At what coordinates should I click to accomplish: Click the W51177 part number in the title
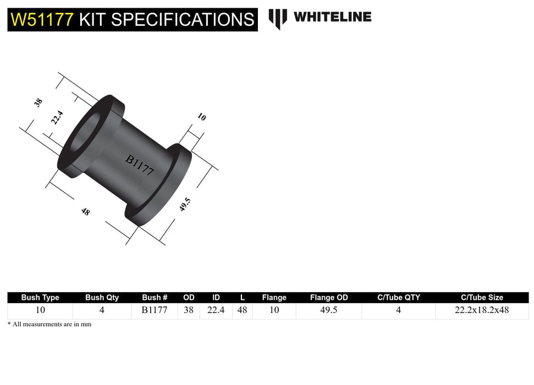(42, 20)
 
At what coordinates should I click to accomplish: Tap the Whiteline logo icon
(278, 19)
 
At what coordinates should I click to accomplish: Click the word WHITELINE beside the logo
(332, 17)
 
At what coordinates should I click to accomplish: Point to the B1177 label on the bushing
(140, 164)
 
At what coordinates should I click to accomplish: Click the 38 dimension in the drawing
(38, 102)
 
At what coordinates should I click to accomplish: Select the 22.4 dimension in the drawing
(57, 118)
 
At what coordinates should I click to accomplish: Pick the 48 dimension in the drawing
(85, 211)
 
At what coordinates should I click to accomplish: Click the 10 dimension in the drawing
(201, 117)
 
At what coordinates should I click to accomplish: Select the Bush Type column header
(40, 298)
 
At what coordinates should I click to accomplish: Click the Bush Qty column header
(102, 298)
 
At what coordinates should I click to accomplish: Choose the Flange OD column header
(329, 298)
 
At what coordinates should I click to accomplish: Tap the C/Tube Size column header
(482, 298)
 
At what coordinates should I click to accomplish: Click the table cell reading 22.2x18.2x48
(482, 310)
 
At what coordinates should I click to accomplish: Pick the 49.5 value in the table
(329, 310)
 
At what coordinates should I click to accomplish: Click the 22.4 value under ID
(216, 310)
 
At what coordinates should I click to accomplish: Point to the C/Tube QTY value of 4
(398, 310)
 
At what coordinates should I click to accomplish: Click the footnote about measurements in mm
(49, 324)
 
